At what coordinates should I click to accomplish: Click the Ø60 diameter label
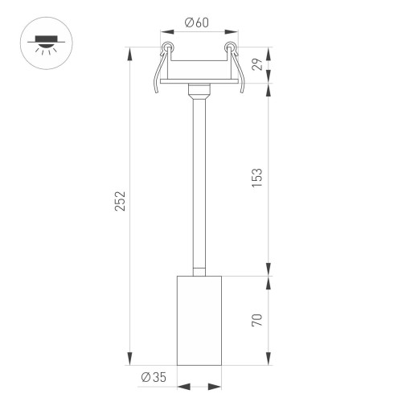(x=197, y=23)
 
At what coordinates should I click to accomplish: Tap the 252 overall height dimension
(x=120, y=200)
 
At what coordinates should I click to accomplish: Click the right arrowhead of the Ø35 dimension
(x=215, y=387)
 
